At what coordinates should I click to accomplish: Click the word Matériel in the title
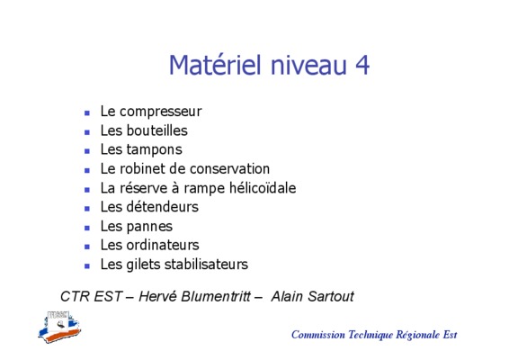pos(215,65)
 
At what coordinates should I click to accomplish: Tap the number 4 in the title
pos(362,65)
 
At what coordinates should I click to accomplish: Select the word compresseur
pos(161,112)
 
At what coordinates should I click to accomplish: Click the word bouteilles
pos(156,130)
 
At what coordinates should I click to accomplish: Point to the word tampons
pos(154,150)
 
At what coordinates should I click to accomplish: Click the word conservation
pos(229,169)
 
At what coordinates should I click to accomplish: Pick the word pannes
pos(149,227)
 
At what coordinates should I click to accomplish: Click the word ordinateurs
pos(163,245)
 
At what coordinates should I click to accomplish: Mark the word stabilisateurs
pos(206,265)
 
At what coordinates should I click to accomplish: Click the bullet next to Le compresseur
pos(87,113)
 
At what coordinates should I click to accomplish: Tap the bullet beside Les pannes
pos(87,228)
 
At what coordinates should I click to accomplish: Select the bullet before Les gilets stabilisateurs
pos(87,266)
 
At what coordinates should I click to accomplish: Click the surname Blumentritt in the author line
pos(216,296)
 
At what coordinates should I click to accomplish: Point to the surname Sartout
pos(330,296)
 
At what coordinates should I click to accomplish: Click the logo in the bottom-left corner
pos(59,327)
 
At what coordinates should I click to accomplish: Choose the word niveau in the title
pos(308,65)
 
